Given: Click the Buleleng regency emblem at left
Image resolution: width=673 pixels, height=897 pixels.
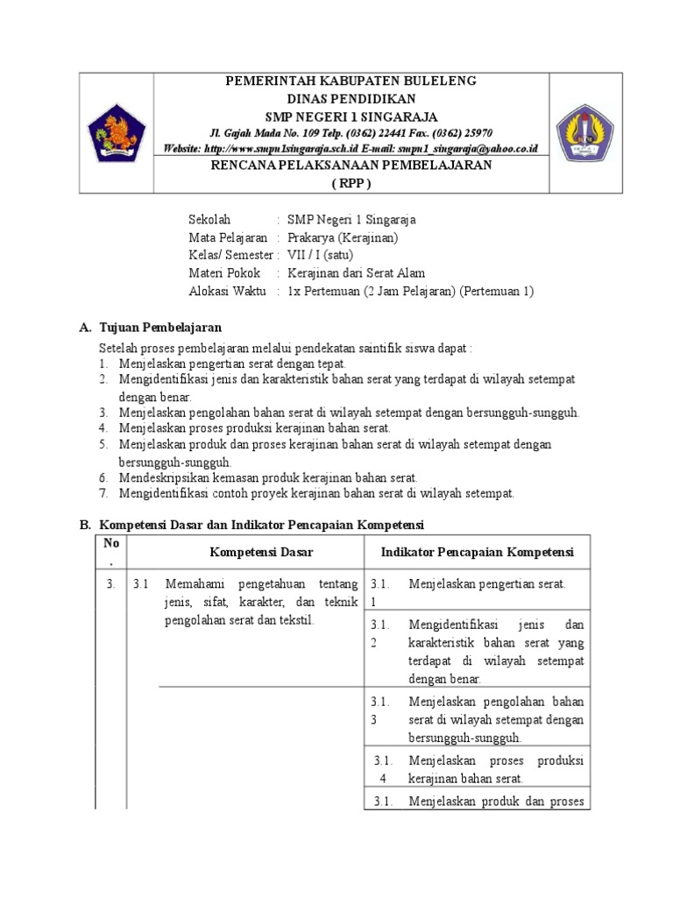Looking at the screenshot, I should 117,133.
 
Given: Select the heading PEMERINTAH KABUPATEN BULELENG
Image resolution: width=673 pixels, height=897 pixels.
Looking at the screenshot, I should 351,81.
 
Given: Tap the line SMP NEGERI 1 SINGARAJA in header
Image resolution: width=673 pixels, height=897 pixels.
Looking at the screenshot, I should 351,116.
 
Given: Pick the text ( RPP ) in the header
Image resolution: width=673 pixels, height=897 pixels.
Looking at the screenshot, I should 351,183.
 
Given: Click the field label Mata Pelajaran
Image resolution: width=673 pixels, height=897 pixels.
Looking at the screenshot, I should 228,237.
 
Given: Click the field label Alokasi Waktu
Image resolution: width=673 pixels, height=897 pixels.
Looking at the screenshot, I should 225,291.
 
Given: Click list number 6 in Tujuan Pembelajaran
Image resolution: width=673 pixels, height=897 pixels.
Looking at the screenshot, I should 103,477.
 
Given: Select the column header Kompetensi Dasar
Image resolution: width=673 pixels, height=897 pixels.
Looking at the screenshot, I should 261,552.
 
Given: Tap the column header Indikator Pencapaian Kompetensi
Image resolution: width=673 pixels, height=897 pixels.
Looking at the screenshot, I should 477,552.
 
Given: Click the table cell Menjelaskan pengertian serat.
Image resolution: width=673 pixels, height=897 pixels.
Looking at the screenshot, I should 486,583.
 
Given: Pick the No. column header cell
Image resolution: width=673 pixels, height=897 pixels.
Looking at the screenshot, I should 111,551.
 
